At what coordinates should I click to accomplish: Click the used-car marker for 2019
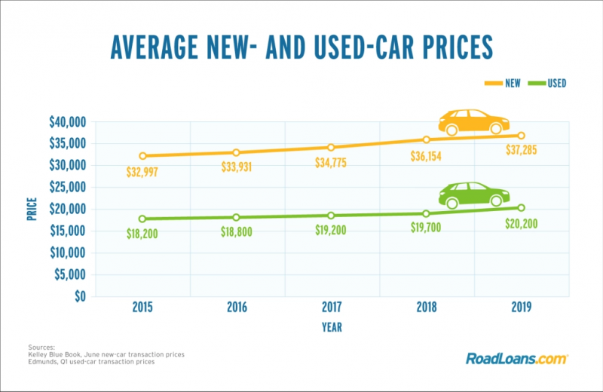tap(521, 207)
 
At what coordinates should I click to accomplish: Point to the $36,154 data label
tap(426, 158)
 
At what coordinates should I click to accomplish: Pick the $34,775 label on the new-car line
tap(332, 164)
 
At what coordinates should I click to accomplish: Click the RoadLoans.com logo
tap(516, 358)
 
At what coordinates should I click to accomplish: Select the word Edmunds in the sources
tap(43, 363)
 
